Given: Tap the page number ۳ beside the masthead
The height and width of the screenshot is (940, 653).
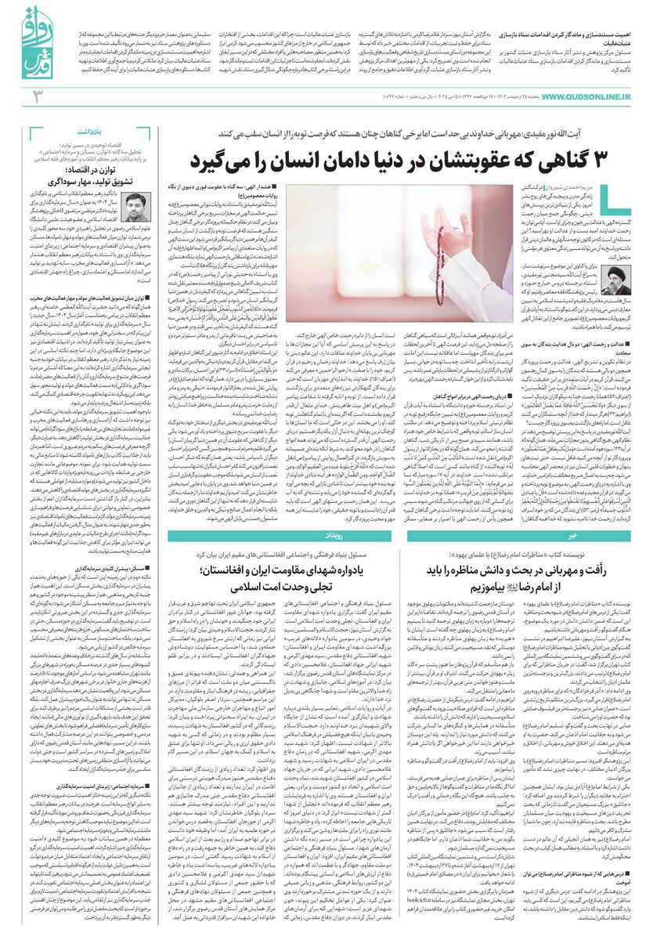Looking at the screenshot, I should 36,96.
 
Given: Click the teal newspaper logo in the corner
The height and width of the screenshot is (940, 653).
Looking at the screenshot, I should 28,43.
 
